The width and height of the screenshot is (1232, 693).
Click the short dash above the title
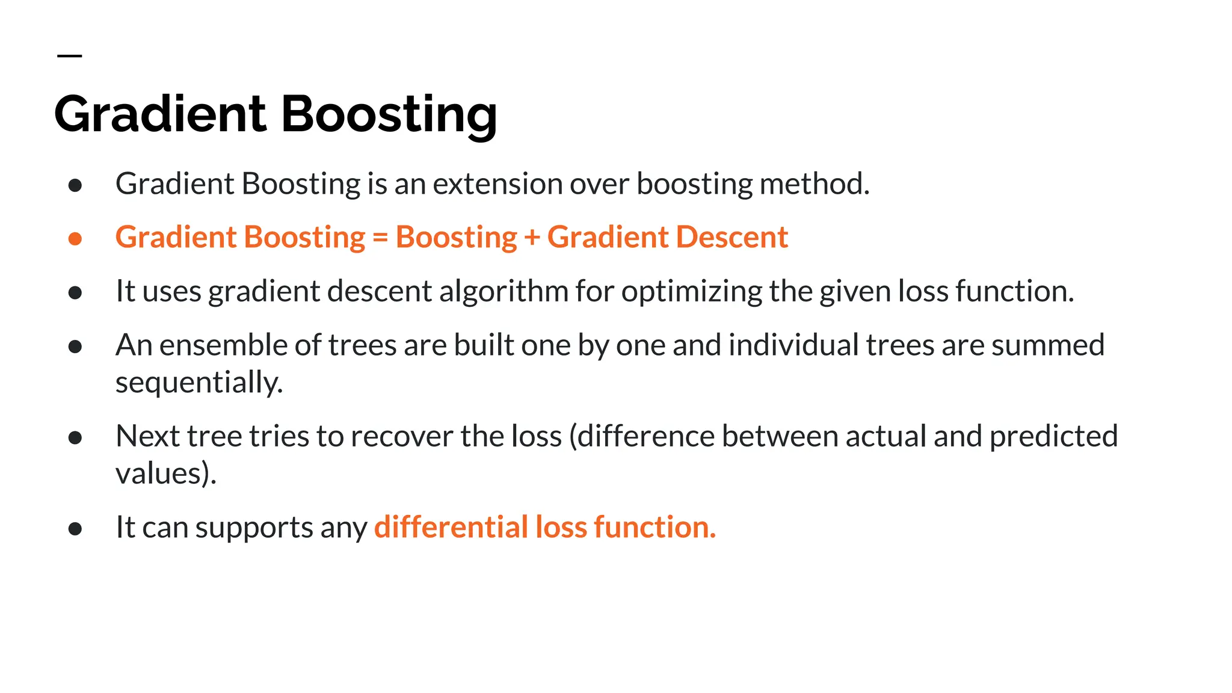click(69, 56)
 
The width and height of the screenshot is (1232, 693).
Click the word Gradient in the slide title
click(160, 114)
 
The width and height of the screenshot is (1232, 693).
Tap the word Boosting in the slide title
click(389, 114)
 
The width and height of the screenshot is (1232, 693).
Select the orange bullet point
click(75, 239)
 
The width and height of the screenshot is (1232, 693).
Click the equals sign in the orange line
click(380, 238)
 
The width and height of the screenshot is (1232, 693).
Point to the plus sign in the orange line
click(532, 238)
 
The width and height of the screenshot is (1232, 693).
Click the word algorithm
click(504, 292)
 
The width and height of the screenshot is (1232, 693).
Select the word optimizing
click(692, 292)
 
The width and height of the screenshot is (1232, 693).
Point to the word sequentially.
click(199, 383)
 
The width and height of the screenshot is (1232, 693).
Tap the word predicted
click(1053, 436)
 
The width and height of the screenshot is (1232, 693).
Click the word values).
click(166, 473)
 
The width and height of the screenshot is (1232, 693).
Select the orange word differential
click(451, 527)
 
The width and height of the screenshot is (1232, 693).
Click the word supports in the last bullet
click(254, 528)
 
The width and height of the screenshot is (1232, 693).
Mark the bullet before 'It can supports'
click(75, 529)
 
